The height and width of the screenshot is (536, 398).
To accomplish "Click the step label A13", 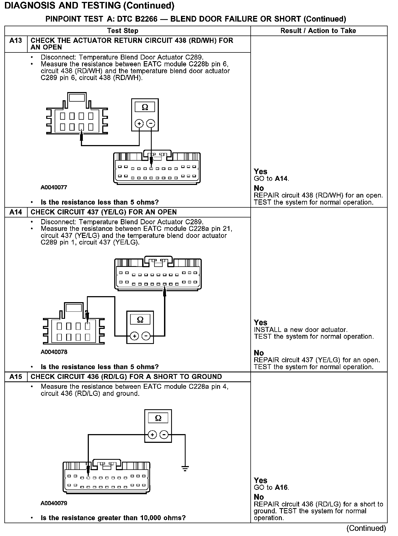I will [x=16, y=41].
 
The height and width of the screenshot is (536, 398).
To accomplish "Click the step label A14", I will [x=16, y=212].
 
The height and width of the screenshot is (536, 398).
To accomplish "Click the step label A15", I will [x=16, y=377].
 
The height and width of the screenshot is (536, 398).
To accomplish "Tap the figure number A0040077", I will [x=54, y=187].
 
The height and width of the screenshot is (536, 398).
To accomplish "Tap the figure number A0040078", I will [x=54, y=352].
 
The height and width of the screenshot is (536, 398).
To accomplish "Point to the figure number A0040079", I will [x=54, y=503].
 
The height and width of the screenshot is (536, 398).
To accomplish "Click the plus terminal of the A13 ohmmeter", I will [x=139, y=123].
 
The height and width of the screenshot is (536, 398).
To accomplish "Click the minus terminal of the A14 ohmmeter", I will [x=146, y=336].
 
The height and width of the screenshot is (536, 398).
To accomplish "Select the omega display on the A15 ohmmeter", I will [x=158, y=418].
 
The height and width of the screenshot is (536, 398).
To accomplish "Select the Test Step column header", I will [x=123, y=31].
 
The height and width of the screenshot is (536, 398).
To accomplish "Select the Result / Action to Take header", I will [x=318, y=31].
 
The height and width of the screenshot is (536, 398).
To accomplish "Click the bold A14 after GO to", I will [x=281, y=179].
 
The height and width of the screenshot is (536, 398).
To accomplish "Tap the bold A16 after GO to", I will [x=281, y=487].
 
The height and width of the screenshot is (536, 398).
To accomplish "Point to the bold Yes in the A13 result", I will [x=260, y=172].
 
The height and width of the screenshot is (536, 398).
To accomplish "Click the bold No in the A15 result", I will [x=259, y=497].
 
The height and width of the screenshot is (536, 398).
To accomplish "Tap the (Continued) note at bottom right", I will [x=366, y=528].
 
